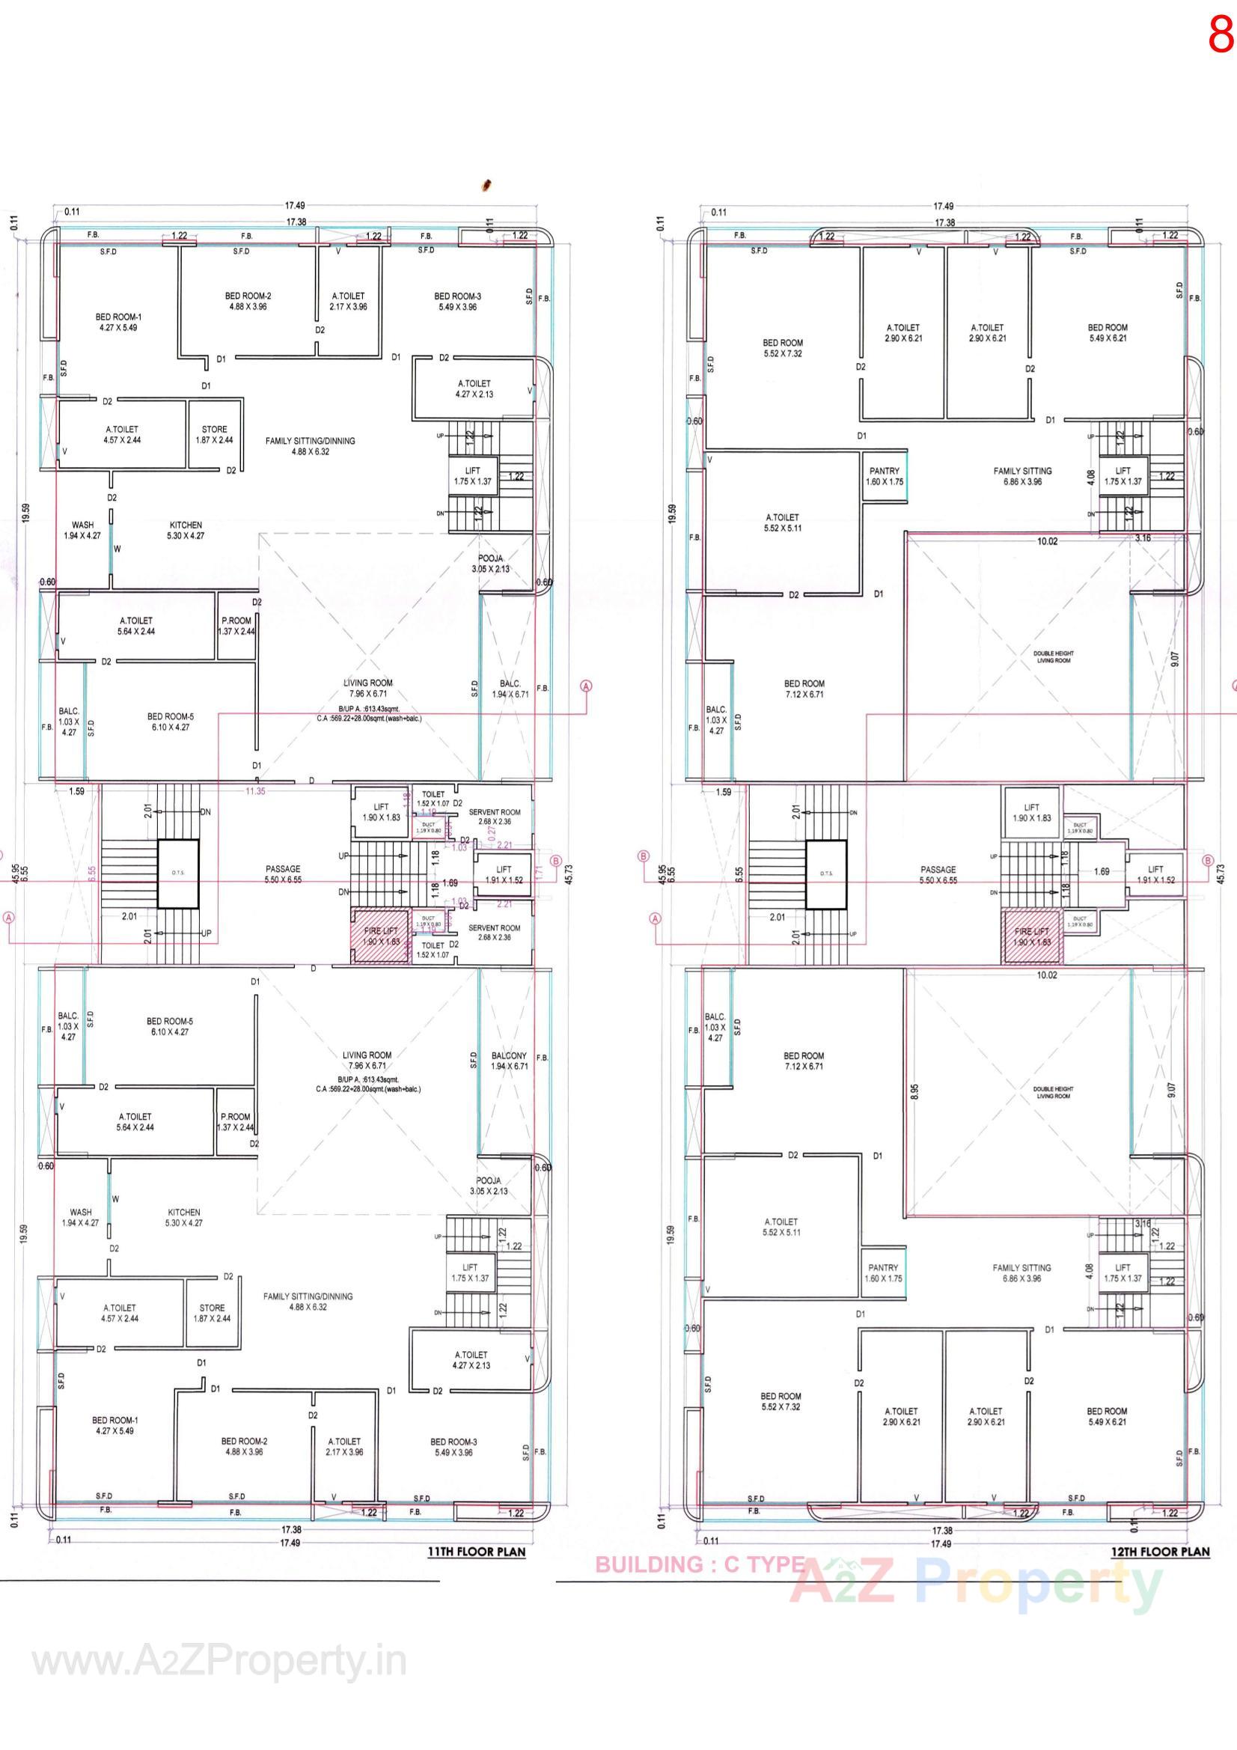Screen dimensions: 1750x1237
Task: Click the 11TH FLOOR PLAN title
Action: tap(477, 1551)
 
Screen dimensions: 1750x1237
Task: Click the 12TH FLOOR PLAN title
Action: tap(1160, 1551)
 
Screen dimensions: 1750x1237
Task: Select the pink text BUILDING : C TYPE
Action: tap(700, 1565)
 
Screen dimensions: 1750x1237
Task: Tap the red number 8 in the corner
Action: tap(1221, 36)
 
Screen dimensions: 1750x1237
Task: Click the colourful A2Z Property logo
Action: tap(976, 1585)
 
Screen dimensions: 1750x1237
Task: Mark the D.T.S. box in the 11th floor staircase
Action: tap(177, 874)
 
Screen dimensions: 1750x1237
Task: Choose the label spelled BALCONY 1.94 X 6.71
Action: tap(509, 1061)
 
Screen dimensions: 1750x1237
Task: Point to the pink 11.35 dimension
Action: tap(255, 791)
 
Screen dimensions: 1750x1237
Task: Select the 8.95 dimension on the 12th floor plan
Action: tap(914, 1092)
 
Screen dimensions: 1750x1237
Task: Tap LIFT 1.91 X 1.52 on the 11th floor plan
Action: tap(504, 874)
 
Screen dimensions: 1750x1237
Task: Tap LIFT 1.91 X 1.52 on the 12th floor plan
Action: tap(1155, 874)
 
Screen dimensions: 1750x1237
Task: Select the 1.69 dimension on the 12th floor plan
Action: tap(1101, 871)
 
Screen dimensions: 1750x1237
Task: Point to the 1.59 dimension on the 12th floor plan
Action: tap(724, 792)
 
